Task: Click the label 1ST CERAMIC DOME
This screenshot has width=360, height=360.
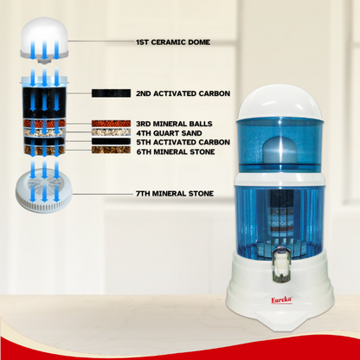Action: (173, 42)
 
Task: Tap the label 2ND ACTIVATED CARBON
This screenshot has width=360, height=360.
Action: (183, 93)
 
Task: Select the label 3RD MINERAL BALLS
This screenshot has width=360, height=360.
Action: (174, 124)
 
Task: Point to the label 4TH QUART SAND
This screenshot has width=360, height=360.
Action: (169, 133)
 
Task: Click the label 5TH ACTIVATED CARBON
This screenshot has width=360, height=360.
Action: (183, 142)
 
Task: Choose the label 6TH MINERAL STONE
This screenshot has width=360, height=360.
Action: (176, 151)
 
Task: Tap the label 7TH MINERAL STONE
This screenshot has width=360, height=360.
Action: (175, 193)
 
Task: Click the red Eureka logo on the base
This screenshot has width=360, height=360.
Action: (281, 300)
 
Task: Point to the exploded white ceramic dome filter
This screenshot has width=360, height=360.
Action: (45, 39)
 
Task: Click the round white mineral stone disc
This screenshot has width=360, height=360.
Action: (43, 190)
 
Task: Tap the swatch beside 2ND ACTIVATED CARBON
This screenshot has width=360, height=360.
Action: (111, 93)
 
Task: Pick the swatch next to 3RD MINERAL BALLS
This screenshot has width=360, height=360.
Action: (111, 124)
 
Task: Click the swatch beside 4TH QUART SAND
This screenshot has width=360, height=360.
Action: (111, 132)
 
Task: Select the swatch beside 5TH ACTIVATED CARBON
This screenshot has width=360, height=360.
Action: (111, 141)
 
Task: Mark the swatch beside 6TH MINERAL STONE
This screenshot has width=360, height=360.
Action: (111, 150)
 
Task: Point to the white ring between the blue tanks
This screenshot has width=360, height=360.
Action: (280, 178)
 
